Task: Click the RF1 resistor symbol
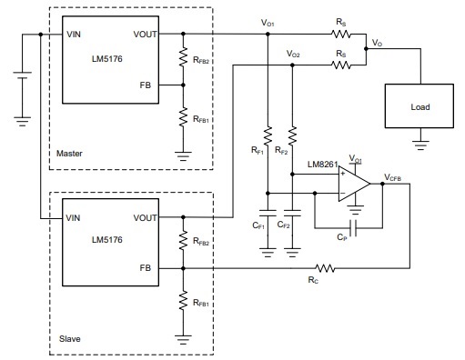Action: [x=268, y=136]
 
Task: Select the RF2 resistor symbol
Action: [x=292, y=136]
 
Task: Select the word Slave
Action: [x=69, y=338]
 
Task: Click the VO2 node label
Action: [x=292, y=54]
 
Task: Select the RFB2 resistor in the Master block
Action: [x=184, y=59]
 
